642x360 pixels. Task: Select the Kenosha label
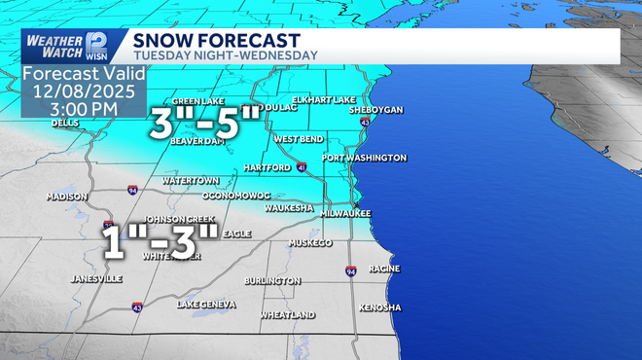(x=378, y=307)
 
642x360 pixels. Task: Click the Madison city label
(x=67, y=197)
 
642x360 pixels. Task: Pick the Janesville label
(x=96, y=278)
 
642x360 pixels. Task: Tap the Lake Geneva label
(x=206, y=305)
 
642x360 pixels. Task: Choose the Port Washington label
(x=364, y=158)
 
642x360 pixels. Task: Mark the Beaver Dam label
(x=198, y=141)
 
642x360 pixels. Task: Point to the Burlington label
(x=272, y=280)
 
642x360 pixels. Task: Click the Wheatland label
(x=287, y=315)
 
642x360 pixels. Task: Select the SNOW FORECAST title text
(x=215, y=39)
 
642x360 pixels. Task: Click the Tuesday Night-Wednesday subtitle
(x=225, y=55)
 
